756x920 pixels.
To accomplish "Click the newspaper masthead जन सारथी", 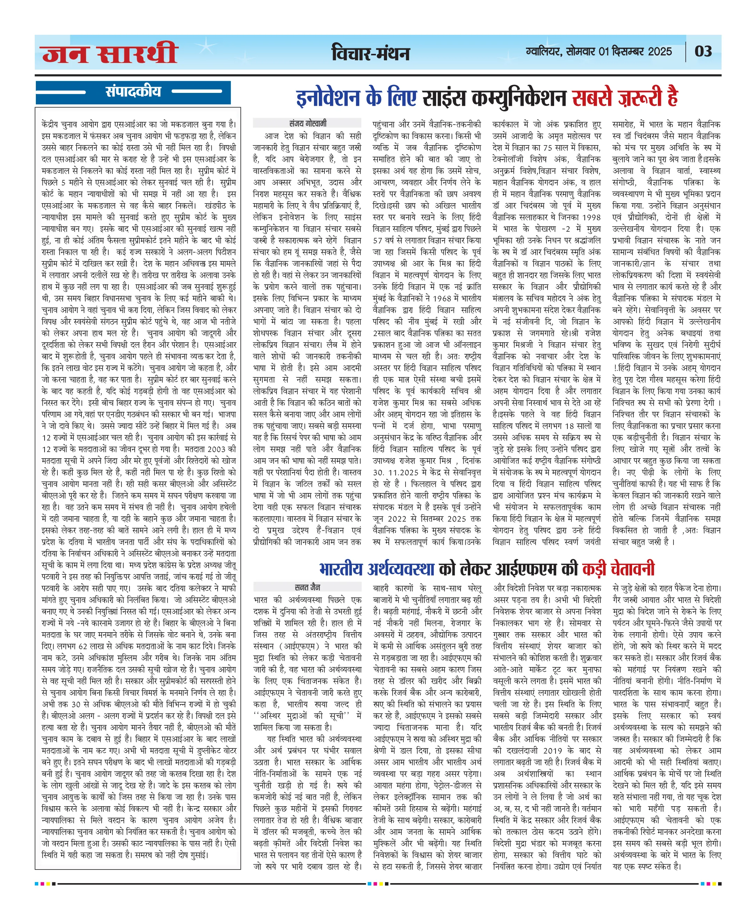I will pos(109,54).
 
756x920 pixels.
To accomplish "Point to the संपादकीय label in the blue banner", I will pos(133,92).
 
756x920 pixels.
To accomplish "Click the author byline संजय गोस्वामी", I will pos(307,123).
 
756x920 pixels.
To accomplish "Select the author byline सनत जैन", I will pos(307,587).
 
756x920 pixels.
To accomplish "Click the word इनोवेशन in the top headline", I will pos(328,98).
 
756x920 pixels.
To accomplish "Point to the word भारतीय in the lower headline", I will pos(341,569).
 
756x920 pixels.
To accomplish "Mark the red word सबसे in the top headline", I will pos(592,98).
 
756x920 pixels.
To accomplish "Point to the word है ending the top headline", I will pos(672,98).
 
